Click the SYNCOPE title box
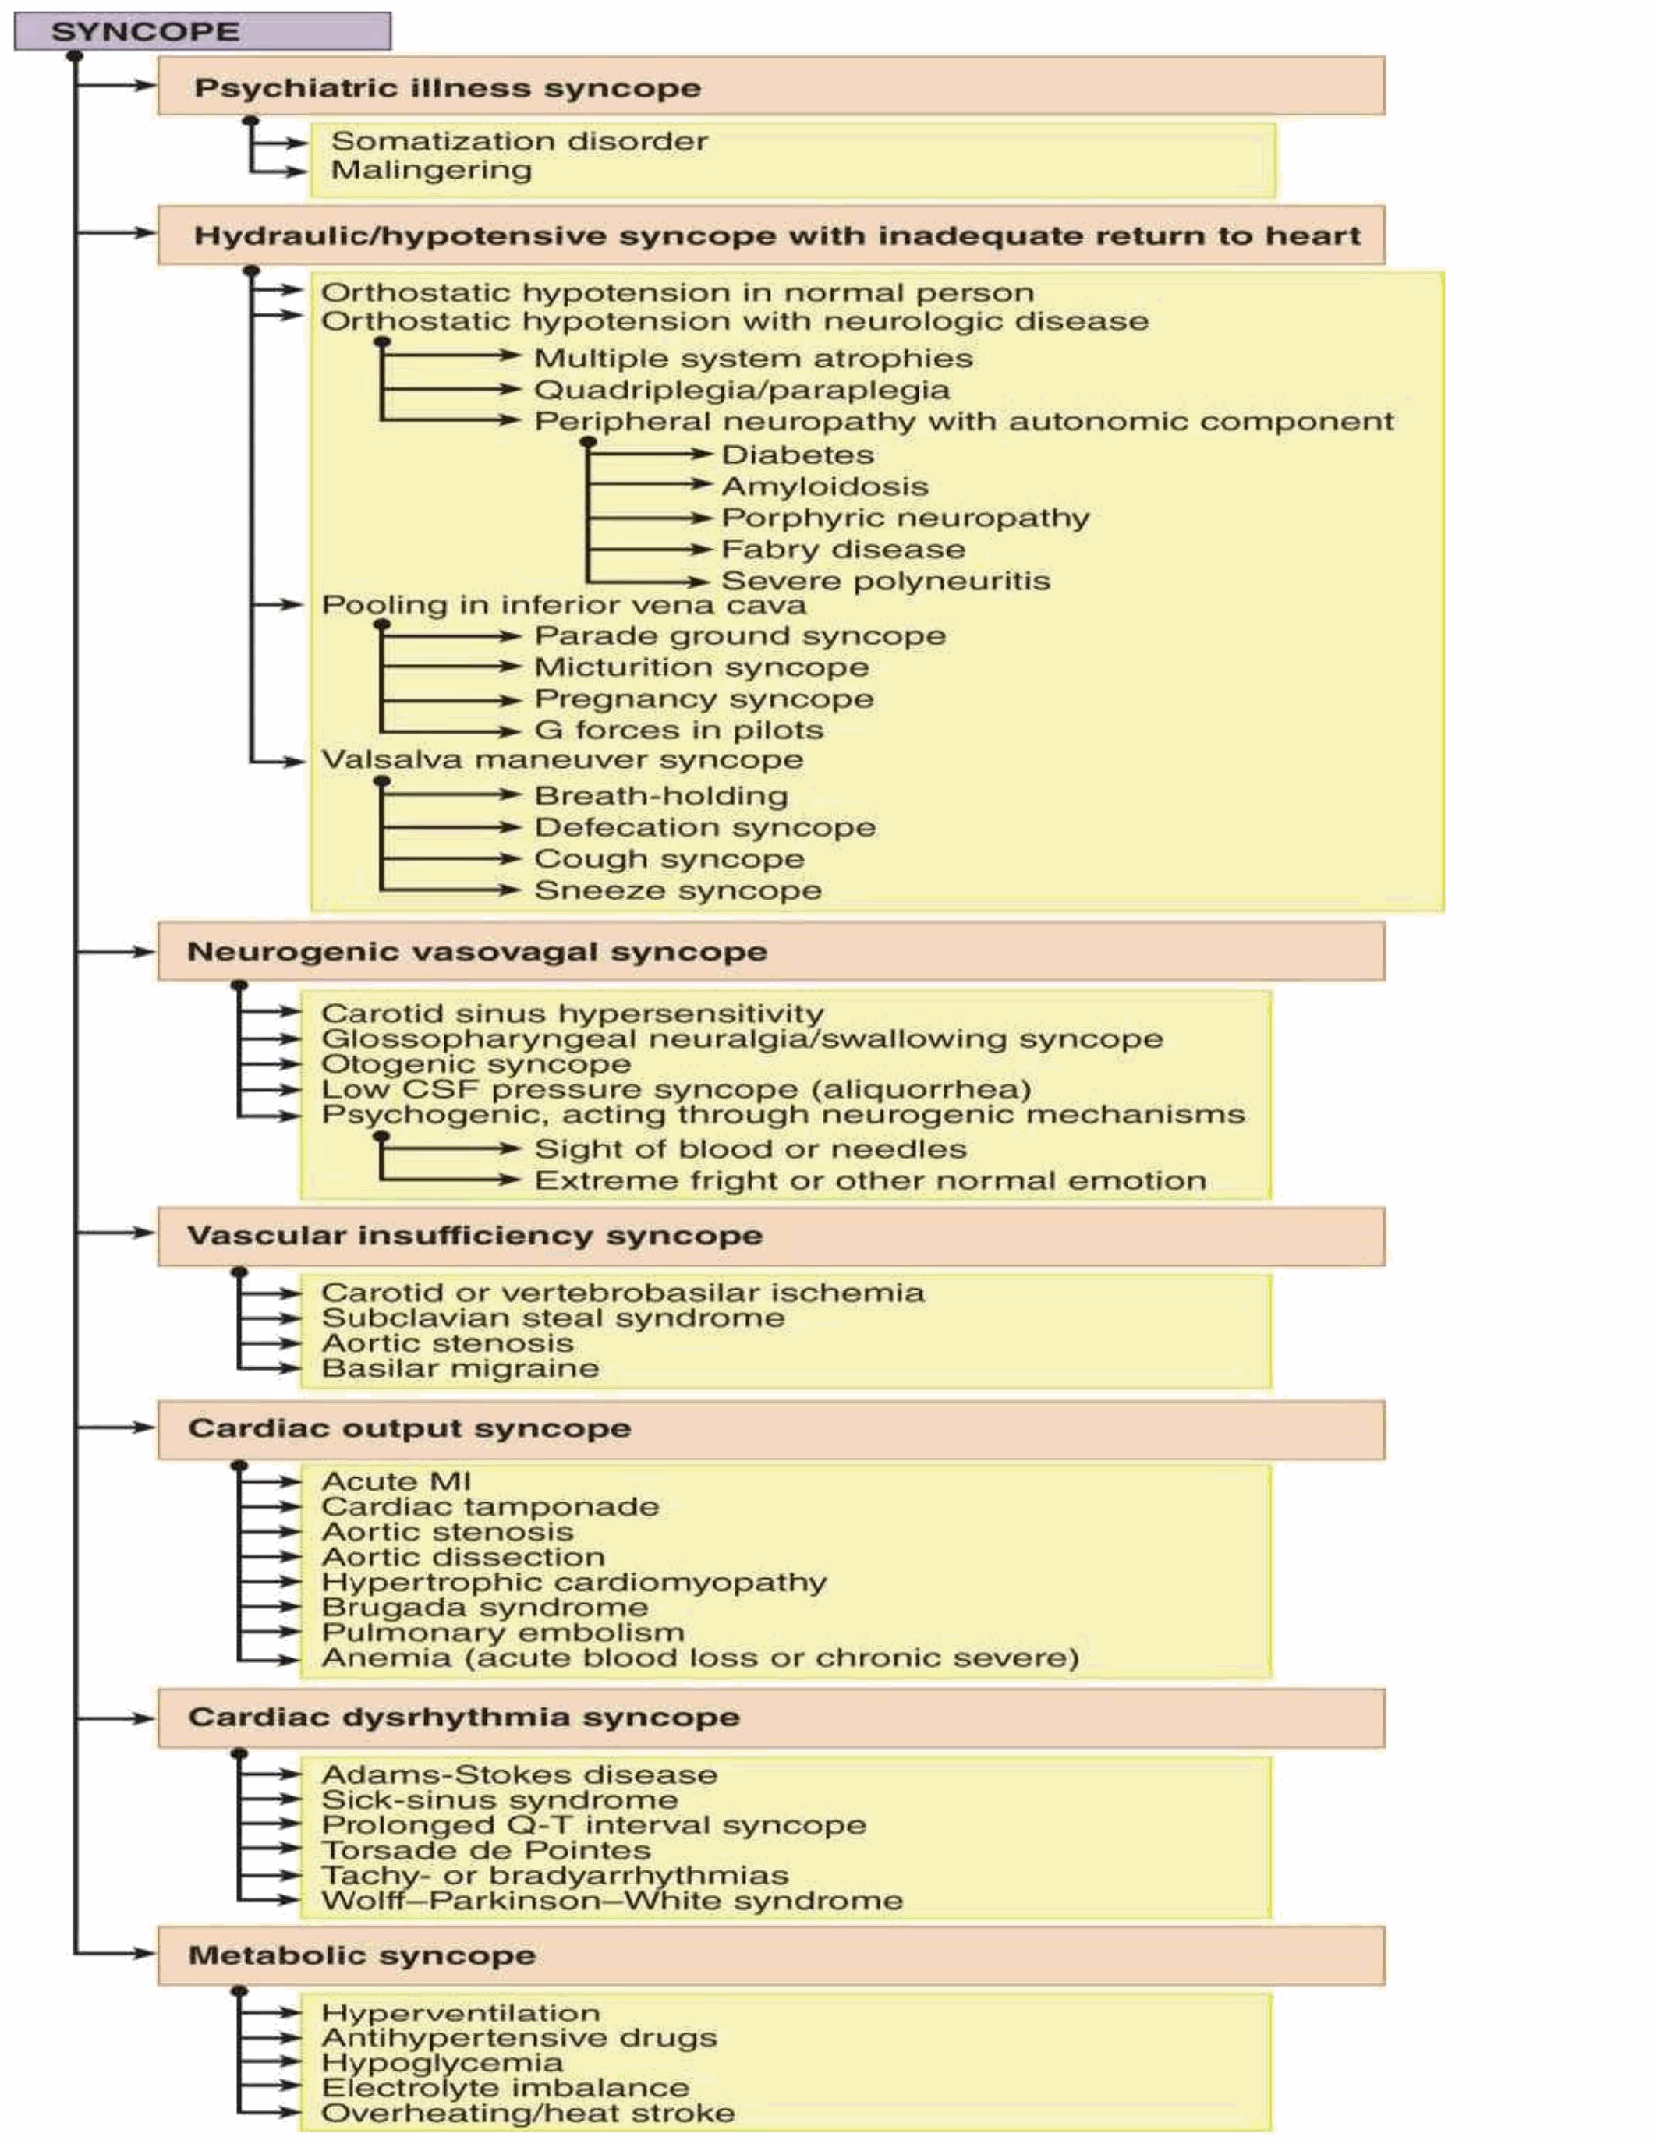point(202,31)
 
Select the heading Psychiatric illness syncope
point(448,87)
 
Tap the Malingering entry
point(432,170)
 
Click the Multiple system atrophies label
point(754,359)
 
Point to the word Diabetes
point(798,455)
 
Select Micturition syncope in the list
point(702,667)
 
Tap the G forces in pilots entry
point(679,731)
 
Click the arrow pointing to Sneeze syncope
point(451,890)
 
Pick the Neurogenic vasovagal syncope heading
point(477,951)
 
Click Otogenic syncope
point(476,1064)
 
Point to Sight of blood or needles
point(751,1148)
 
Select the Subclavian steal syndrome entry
point(554,1318)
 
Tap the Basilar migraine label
point(460,1368)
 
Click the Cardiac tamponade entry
point(490,1506)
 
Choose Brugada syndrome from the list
point(485,1607)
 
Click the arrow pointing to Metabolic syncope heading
point(116,1954)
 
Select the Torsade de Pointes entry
point(486,1851)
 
